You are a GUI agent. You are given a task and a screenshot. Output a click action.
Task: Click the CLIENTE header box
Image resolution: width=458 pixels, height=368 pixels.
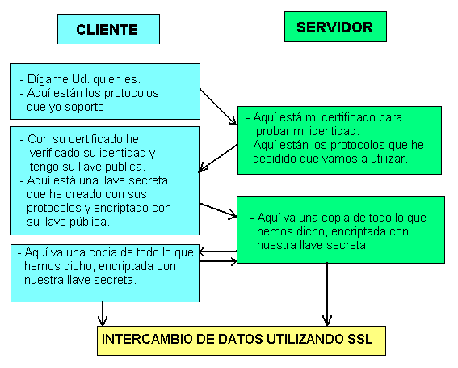(108, 29)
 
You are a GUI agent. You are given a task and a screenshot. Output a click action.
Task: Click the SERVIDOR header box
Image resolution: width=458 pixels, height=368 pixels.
(335, 27)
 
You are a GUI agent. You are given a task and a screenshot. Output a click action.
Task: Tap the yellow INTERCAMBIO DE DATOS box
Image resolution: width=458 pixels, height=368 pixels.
(242, 341)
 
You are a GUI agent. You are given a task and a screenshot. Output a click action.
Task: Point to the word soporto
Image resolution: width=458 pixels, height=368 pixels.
(84, 107)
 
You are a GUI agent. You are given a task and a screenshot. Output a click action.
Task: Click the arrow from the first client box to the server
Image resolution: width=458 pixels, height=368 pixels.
(218, 107)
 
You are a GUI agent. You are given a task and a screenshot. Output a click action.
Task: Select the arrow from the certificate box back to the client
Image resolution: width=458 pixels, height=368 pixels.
(218, 159)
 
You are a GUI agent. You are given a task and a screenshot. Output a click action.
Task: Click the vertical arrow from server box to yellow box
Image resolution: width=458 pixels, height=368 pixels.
(327, 294)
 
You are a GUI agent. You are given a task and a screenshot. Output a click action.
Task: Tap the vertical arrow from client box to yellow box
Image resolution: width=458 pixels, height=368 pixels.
(103, 314)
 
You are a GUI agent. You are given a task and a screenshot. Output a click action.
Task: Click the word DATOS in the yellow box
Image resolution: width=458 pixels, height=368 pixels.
(241, 340)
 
